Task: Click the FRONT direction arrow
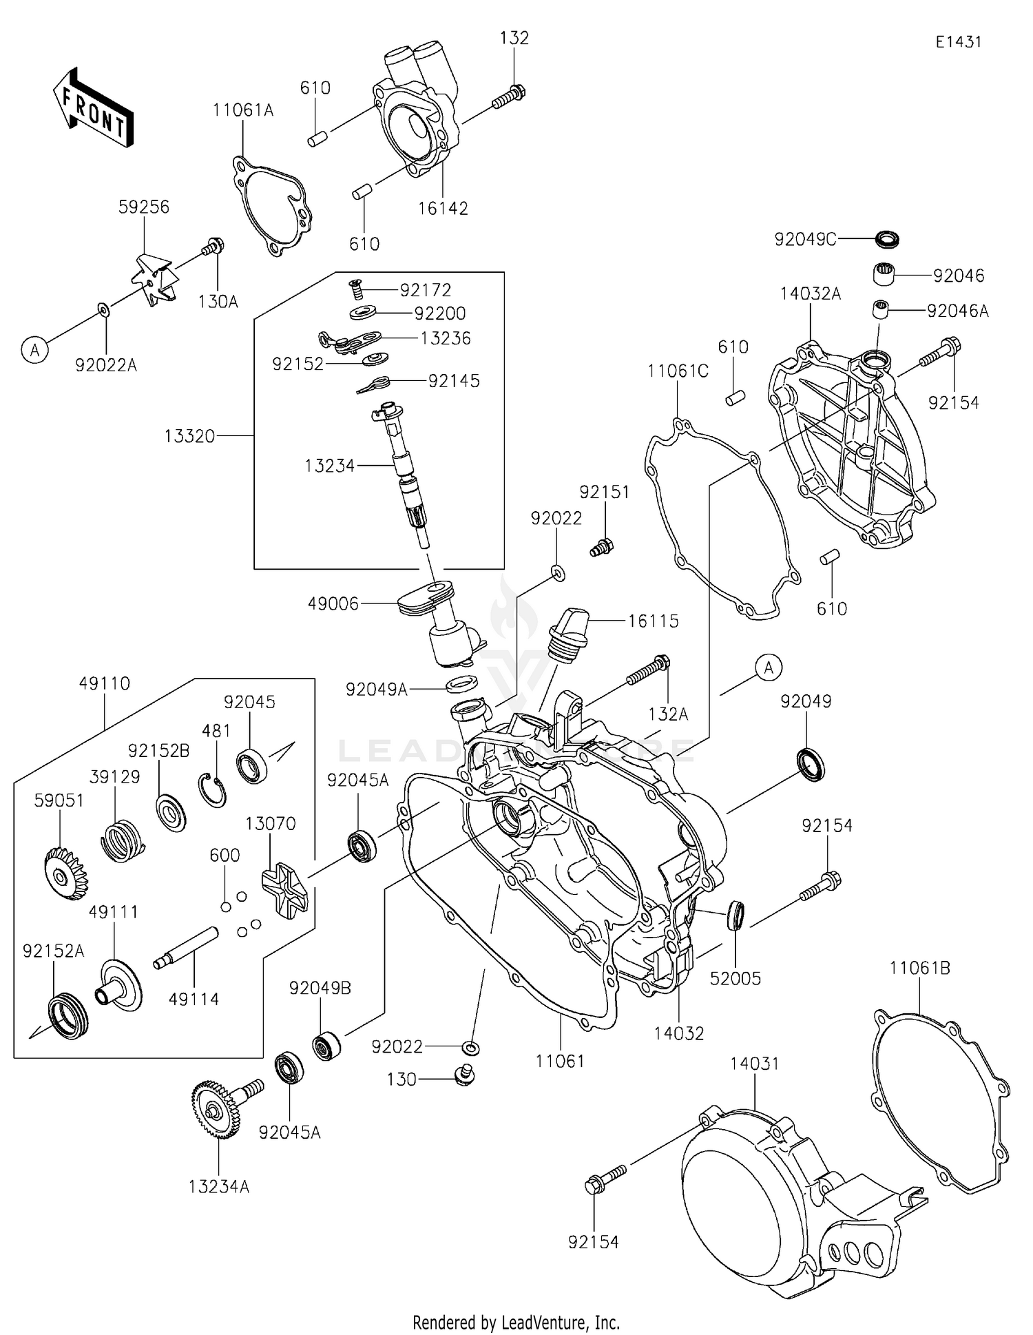tap(93, 108)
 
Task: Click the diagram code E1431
tap(958, 42)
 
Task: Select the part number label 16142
tap(443, 208)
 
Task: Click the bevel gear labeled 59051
tap(65, 876)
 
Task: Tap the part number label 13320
tap(190, 436)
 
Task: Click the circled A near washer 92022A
tap(34, 351)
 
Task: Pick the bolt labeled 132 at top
tap(509, 97)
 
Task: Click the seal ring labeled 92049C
tap(887, 240)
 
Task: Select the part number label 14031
tap(755, 1064)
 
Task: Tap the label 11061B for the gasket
tap(919, 968)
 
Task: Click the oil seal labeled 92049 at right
tap(811, 764)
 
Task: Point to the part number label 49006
tap(333, 604)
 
